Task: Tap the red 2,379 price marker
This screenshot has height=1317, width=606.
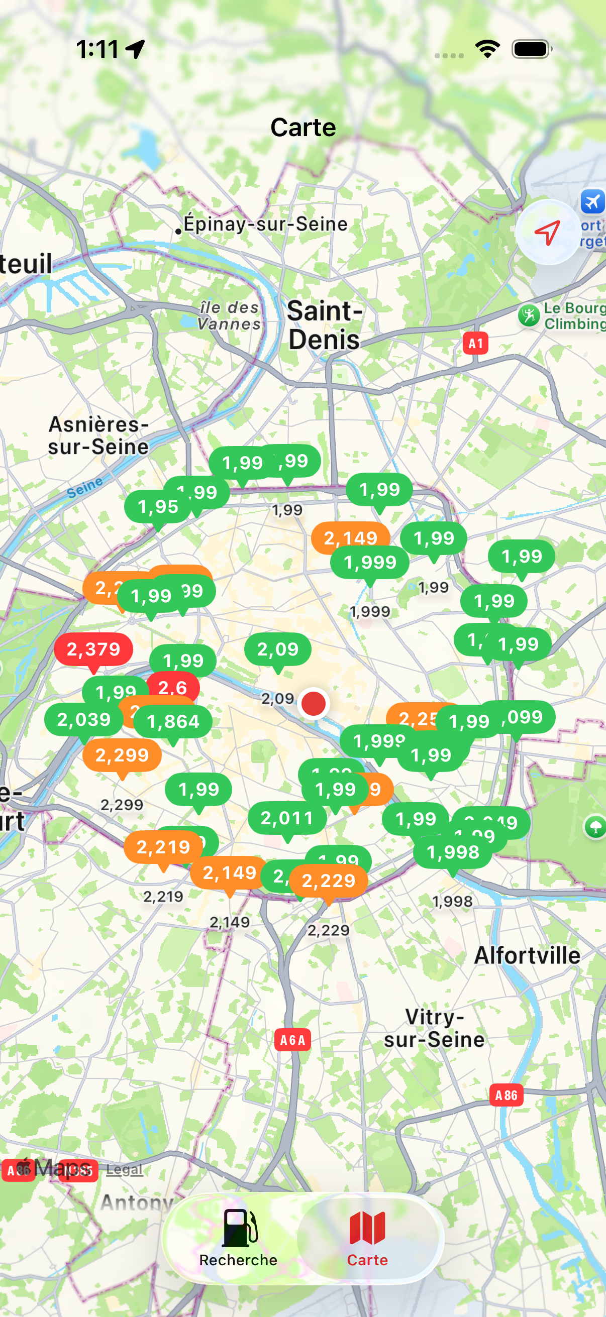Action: coord(93,649)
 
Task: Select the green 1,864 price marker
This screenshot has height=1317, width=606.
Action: coord(173,721)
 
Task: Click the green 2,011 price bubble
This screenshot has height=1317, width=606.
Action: coord(287,818)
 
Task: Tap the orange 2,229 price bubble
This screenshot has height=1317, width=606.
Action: coord(328,881)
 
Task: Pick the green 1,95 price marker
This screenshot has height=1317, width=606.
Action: coord(157,507)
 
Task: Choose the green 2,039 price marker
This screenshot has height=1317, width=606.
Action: coord(84,719)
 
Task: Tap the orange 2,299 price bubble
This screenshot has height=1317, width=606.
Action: coord(122,755)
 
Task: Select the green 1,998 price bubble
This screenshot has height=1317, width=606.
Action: coord(453,852)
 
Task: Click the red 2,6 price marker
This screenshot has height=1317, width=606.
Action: coord(173,687)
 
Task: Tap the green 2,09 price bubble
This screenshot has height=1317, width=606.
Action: coord(278,649)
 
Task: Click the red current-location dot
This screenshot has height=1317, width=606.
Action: coord(314,704)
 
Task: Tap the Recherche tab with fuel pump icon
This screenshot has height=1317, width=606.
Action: coord(238,1238)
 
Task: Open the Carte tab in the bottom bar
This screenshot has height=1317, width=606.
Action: coord(367,1238)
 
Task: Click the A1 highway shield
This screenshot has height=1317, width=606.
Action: coord(475,344)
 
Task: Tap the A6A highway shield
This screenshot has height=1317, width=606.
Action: coord(292,1040)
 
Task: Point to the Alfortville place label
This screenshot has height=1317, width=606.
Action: coord(527,955)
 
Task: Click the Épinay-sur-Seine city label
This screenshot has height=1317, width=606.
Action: coord(265,224)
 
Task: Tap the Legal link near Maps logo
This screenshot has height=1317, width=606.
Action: coord(124,1169)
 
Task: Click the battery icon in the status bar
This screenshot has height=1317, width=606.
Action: coord(531,49)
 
